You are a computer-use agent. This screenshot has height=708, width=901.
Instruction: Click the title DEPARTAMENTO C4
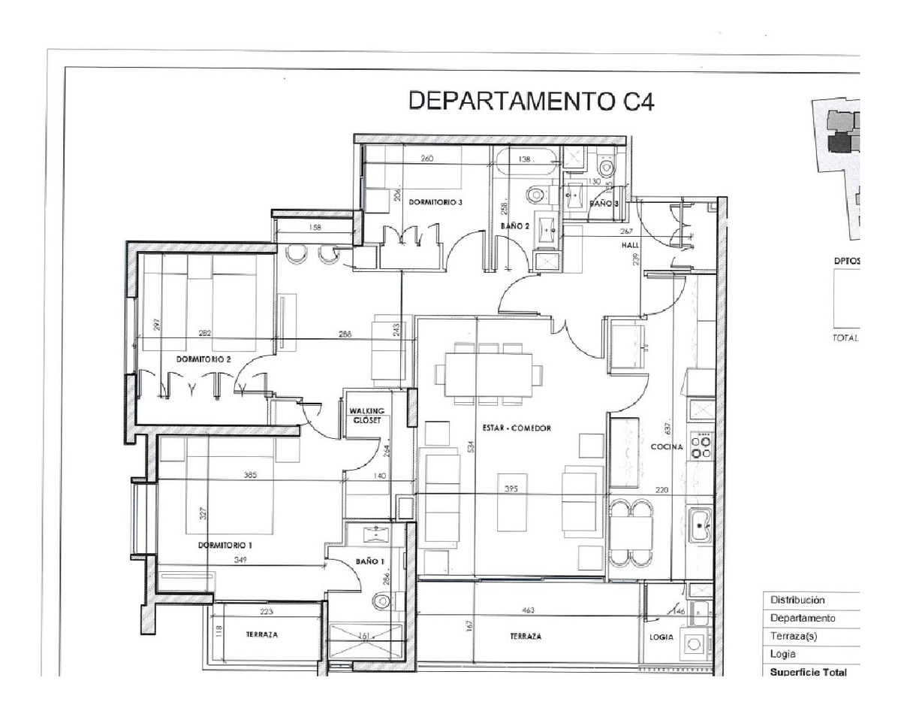point(531,101)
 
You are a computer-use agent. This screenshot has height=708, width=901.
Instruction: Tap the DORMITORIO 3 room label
point(435,202)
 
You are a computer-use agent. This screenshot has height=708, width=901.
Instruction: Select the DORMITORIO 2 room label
point(203,359)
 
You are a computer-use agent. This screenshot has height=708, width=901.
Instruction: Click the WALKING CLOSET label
point(367,416)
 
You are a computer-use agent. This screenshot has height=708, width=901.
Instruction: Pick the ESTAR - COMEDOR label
point(517,428)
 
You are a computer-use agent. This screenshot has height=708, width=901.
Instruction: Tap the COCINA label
point(666,447)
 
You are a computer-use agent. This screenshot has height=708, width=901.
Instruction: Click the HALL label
point(629,246)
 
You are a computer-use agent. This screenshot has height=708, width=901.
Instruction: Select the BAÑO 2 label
point(516,225)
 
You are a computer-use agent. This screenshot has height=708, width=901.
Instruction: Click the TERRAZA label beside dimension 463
point(526,636)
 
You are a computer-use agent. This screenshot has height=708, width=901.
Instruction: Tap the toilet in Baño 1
point(383,601)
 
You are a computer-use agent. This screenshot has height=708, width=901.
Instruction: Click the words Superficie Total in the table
point(808,673)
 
